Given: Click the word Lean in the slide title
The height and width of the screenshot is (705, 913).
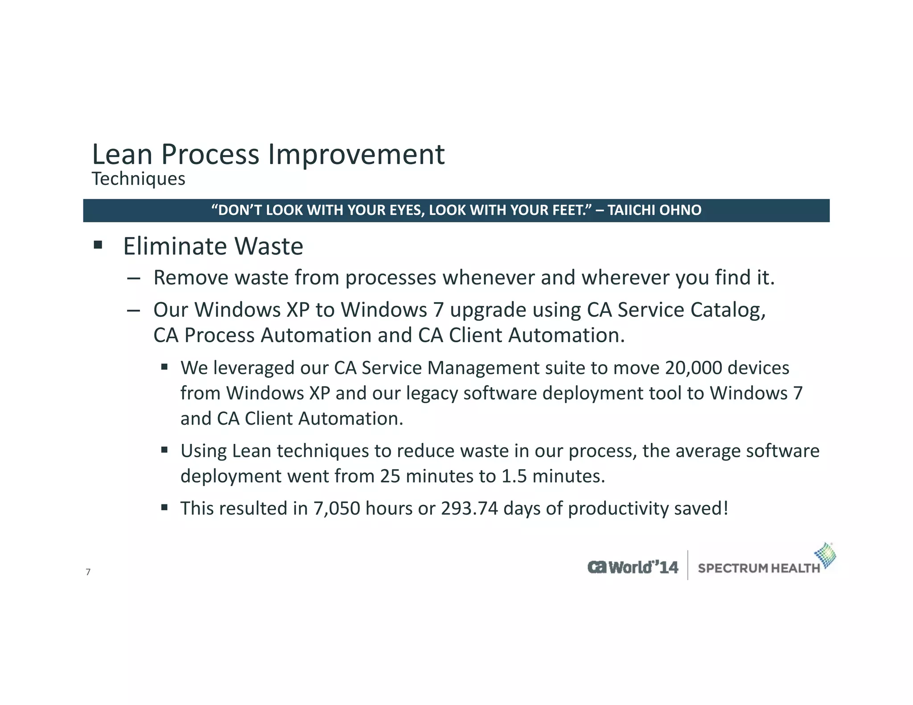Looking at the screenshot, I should click(122, 155).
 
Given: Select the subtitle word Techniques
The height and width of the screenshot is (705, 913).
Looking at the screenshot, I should click(138, 179).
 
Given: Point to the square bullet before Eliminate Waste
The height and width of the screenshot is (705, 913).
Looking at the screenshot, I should click(98, 245).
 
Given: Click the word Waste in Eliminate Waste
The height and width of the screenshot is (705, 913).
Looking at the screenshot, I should click(269, 246).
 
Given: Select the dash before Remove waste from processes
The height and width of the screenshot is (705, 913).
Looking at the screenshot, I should click(133, 279).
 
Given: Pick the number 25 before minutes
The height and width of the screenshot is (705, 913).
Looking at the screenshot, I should click(390, 476).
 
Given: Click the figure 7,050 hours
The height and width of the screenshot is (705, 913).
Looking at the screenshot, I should click(337, 508).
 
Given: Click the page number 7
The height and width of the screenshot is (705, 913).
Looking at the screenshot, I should click(88, 572).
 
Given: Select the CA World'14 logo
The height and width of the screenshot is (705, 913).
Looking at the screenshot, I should click(633, 567).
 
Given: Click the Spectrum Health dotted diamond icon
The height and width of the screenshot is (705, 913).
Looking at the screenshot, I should click(825, 555).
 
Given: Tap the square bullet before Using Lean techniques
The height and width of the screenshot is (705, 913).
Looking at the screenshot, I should click(165, 450).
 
